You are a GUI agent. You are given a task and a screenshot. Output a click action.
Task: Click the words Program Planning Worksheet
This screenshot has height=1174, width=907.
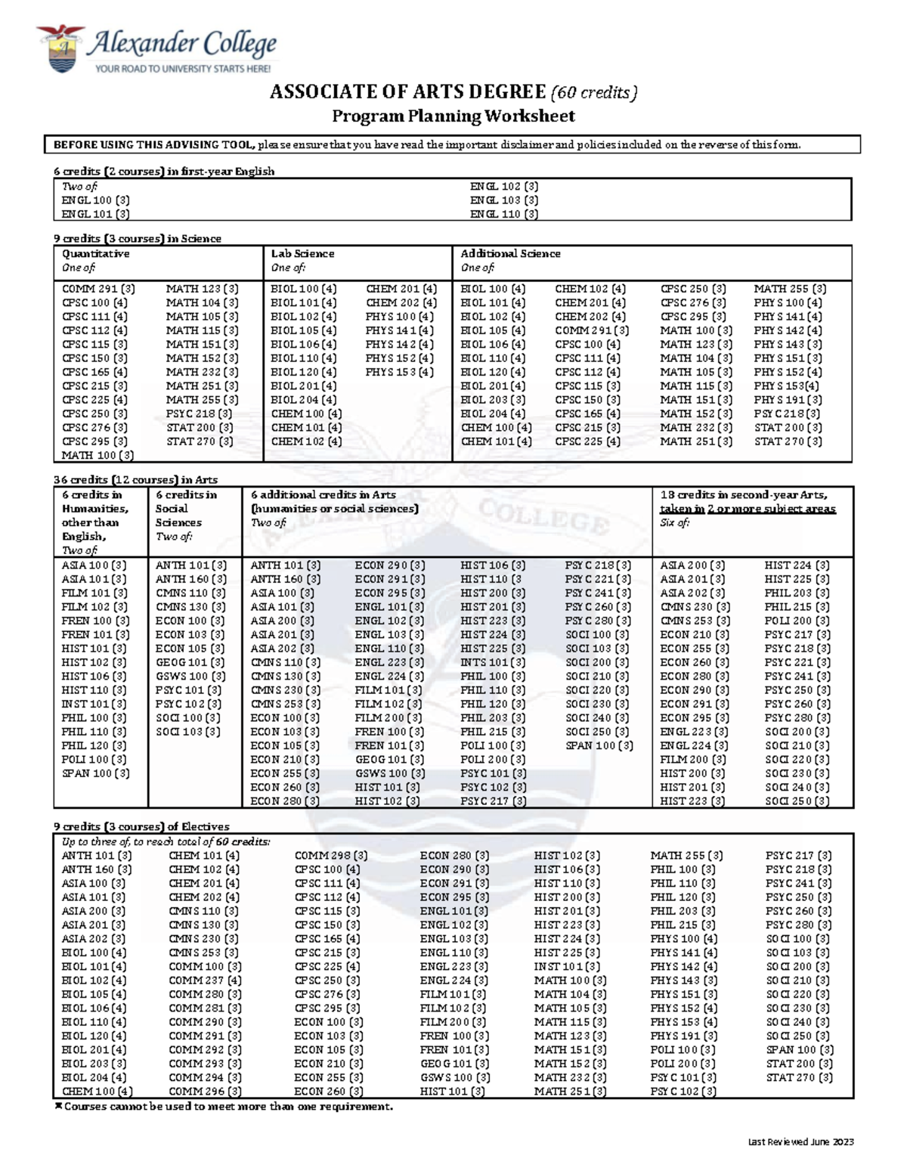(x=453, y=116)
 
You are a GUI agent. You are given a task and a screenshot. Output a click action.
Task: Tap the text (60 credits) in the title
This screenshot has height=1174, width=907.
(x=594, y=92)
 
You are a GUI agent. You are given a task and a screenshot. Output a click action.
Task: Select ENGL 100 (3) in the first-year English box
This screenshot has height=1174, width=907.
(x=95, y=200)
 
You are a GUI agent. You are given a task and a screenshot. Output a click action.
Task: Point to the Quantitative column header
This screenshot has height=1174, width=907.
(x=95, y=254)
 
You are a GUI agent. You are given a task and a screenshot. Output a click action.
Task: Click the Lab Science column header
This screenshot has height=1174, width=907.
(x=302, y=254)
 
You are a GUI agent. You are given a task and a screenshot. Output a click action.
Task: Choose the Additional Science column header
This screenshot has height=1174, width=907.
(x=510, y=254)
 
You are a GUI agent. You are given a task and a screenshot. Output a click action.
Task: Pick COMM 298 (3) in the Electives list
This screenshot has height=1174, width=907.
(x=331, y=856)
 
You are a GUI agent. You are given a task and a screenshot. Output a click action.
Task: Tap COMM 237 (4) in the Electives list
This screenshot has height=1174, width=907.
(x=205, y=980)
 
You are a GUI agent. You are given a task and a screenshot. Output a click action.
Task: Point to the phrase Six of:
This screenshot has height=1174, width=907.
(x=674, y=523)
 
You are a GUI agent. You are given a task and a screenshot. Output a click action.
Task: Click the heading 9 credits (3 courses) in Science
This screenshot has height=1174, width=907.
(x=137, y=239)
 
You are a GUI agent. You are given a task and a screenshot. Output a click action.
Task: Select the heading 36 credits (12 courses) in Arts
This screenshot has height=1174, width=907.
(x=135, y=480)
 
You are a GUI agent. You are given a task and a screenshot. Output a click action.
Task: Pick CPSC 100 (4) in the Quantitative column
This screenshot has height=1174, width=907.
(x=94, y=302)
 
